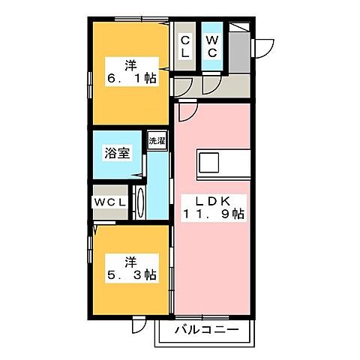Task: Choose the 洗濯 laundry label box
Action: (156, 140)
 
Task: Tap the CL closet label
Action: (184, 46)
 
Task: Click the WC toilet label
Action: (212, 46)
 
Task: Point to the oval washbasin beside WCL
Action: (140, 202)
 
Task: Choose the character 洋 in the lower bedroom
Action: (130, 262)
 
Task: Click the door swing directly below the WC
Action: (211, 85)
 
